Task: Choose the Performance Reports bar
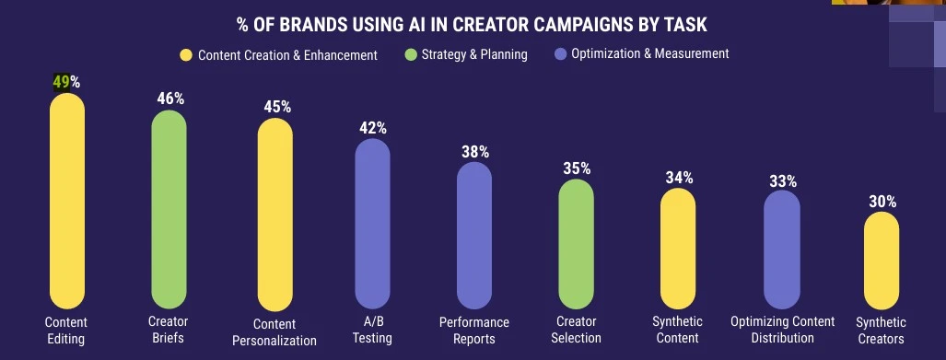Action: click(474, 236)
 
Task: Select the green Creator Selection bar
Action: click(577, 243)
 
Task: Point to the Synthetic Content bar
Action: click(678, 248)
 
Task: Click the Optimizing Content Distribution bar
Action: click(782, 250)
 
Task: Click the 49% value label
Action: click(66, 82)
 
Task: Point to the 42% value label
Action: click(372, 128)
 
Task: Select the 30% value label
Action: click(882, 202)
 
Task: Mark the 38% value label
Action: click(475, 152)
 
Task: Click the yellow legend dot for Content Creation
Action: click(186, 55)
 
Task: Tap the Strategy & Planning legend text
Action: click(474, 54)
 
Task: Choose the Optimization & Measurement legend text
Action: click(650, 53)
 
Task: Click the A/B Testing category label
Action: click(372, 330)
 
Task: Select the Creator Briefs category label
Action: click(168, 330)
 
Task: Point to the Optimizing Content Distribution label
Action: click(782, 330)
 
